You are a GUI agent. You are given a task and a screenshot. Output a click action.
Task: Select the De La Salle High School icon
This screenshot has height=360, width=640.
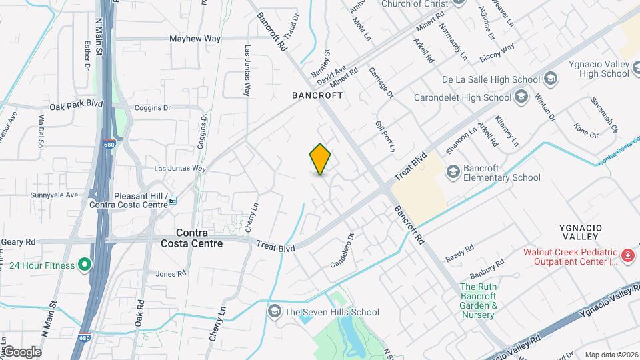point(550,79)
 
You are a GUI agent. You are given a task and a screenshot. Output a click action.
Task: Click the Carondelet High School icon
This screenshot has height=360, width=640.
point(522,97)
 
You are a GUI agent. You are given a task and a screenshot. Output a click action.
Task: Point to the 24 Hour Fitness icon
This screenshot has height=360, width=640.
point(84,265)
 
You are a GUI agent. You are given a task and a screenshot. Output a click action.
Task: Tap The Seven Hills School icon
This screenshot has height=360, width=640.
point(274,311)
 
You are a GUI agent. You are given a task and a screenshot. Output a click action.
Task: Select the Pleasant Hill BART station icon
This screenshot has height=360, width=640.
point(173,201)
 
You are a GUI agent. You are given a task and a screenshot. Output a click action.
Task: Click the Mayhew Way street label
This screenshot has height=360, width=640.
point(195,39)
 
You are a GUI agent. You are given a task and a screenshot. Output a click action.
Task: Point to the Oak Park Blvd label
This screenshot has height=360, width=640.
point(76,105)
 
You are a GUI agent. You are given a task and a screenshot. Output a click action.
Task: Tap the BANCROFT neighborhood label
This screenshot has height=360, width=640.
point(317,95)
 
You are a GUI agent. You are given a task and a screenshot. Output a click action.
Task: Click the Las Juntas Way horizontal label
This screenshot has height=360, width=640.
point(180,169)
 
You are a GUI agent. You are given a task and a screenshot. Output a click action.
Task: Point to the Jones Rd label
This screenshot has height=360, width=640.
point(170,273)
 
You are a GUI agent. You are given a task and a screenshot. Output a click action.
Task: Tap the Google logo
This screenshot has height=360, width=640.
point(21,351)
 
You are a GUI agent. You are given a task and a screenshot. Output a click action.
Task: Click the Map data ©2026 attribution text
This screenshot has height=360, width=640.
point(611,355)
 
